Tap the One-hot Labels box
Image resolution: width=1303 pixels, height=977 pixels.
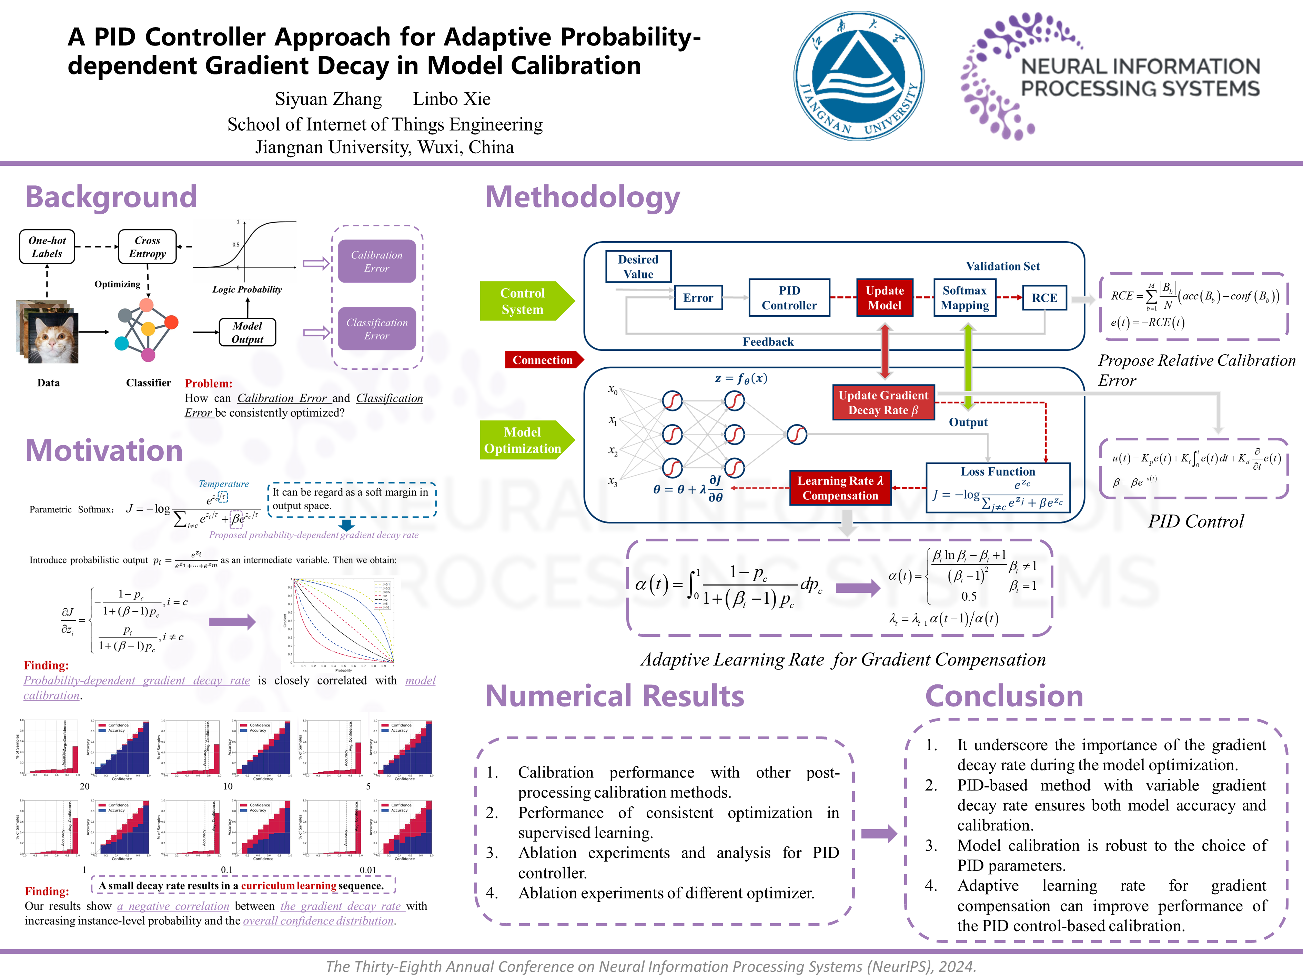click(47, 247)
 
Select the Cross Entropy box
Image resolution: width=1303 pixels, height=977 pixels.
click(147, 247)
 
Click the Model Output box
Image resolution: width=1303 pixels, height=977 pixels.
click(248, 332)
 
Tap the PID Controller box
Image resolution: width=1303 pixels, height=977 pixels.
click(789, 297)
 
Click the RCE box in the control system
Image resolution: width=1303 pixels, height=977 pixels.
click(1044, 297)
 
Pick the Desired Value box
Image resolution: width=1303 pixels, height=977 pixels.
click(638, 266)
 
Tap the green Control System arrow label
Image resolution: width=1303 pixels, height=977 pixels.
click(523, 301)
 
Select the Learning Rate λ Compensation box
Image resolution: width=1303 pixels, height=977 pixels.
click(840, 488)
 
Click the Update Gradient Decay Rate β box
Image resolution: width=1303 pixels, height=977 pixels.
click(883, 402)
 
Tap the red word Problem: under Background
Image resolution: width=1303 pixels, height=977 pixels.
click(209, 383)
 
